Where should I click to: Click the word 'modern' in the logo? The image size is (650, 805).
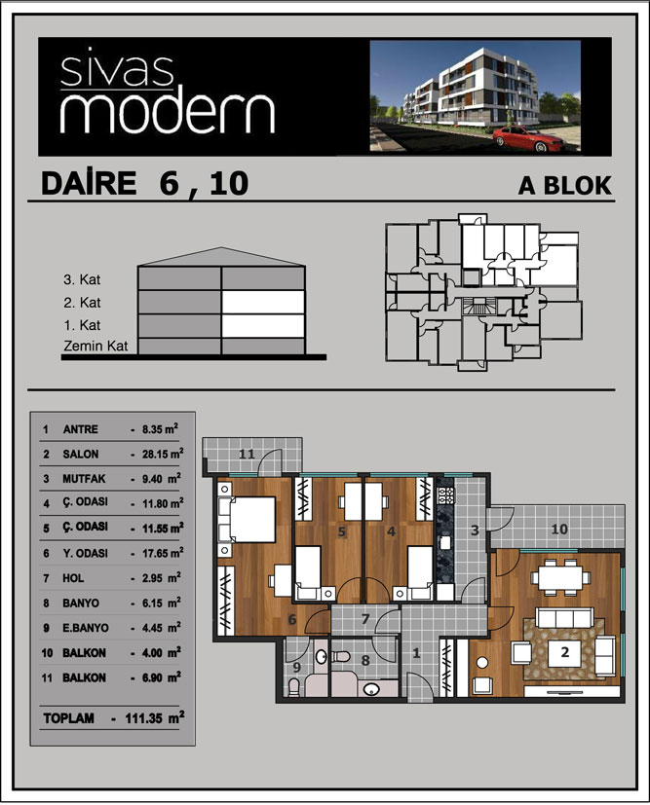click(168, 114)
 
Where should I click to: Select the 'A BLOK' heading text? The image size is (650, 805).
click(564, 185)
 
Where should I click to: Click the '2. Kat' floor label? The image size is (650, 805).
click(82, 303)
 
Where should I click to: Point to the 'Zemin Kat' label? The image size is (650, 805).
click(96, 346)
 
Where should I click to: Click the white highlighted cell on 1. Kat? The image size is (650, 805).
click(263, 326)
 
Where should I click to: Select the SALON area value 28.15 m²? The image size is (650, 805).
click(163, 454)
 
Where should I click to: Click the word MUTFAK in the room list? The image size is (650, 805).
click(84, 479)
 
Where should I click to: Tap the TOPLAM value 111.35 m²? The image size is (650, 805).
click(155, 717)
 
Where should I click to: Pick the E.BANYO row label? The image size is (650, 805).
click(86, 628)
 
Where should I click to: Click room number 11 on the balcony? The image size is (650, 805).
click(247, 454)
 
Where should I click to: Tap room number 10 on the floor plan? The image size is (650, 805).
click(559, 529)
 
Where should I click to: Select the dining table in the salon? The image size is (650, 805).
click(560, 577)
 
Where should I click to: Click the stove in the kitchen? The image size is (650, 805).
click(445, 494)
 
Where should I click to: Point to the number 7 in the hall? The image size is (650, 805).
click(365, 619)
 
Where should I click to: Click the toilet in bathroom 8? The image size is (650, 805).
click(340, 656)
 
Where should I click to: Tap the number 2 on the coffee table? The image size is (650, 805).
click(565, 652)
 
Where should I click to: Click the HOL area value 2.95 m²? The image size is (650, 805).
click(162, 578)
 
